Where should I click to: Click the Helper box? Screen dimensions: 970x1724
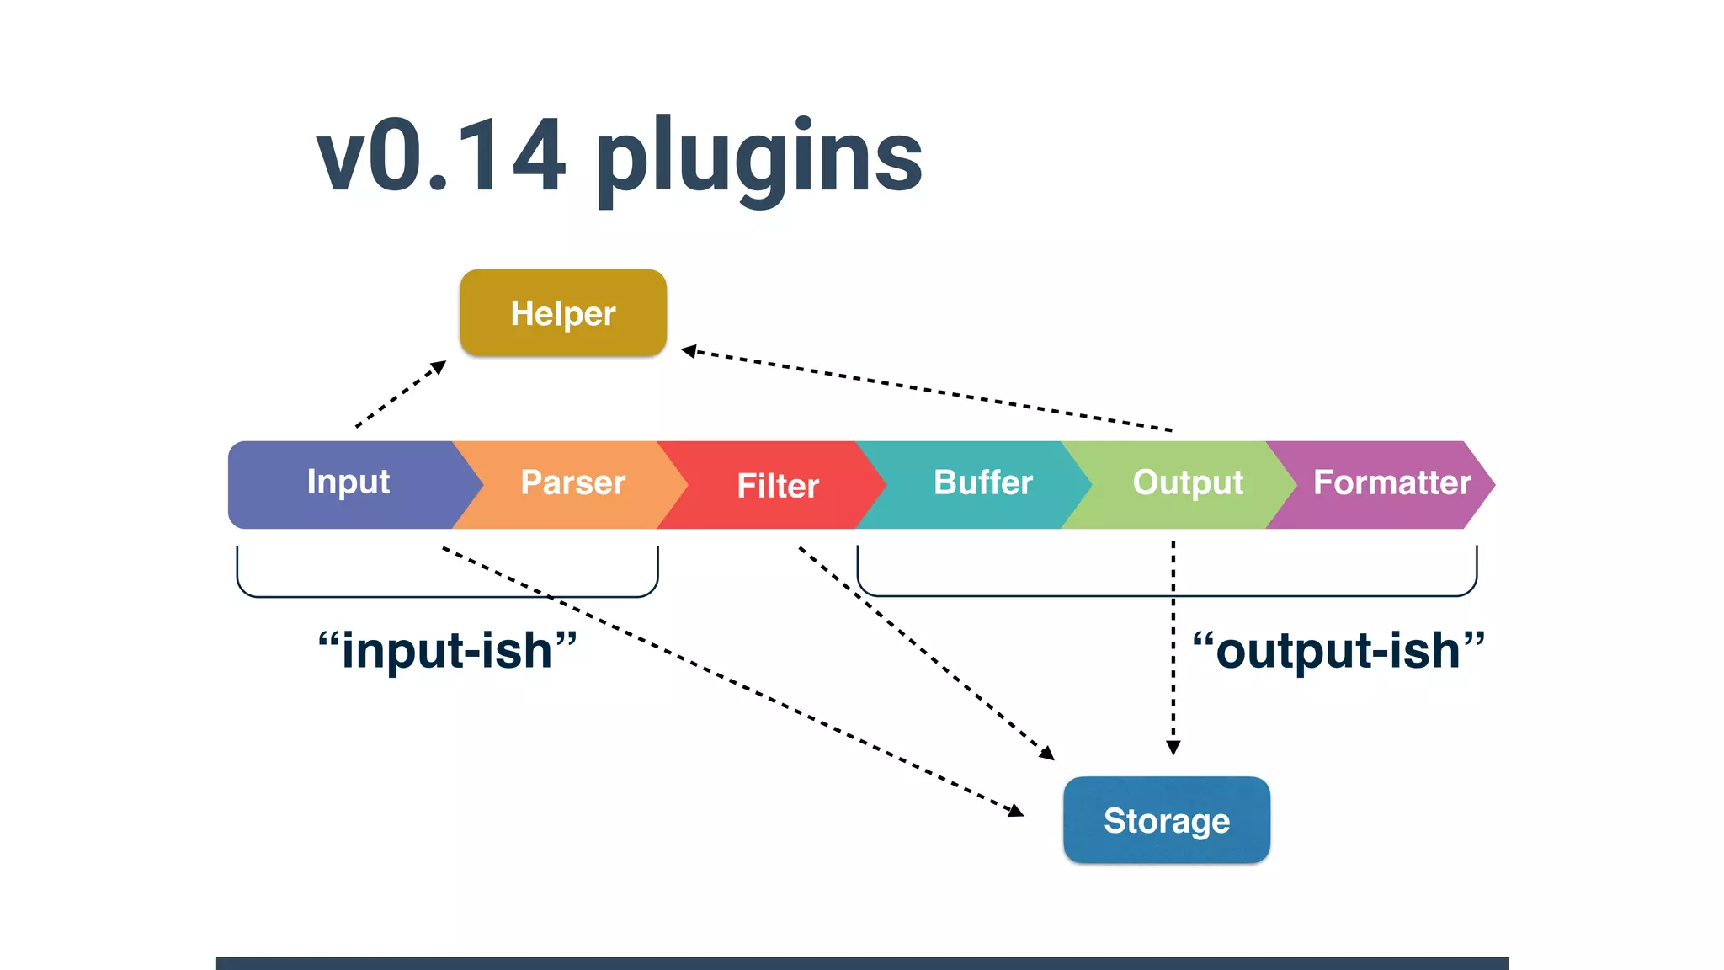point(563,313)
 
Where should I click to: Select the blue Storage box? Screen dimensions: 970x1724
point(1166,820)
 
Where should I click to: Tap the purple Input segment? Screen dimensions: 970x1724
point(348,483)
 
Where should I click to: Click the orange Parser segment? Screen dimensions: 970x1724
point(572,483)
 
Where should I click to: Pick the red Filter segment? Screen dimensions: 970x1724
point(777,486)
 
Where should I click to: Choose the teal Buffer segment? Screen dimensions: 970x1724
point(982,483)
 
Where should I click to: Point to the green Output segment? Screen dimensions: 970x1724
point(1187,483)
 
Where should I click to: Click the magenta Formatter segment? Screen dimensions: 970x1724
point(1391,483)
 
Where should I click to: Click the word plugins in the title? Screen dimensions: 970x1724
point(759,158)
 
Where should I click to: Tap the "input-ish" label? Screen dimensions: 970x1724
point(447,651)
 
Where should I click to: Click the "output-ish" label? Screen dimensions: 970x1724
point(1338,651)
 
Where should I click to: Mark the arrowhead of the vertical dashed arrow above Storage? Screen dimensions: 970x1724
point(1173,748)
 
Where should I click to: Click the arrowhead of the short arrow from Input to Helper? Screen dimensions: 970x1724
point(439,367)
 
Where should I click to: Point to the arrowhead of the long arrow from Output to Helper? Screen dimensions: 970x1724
point(688,351)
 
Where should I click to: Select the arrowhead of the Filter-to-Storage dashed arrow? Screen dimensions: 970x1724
point(1047,754)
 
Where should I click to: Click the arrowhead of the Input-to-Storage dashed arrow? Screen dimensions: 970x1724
point(1017,812)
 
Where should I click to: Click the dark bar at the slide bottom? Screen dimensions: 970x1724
point(861,962)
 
